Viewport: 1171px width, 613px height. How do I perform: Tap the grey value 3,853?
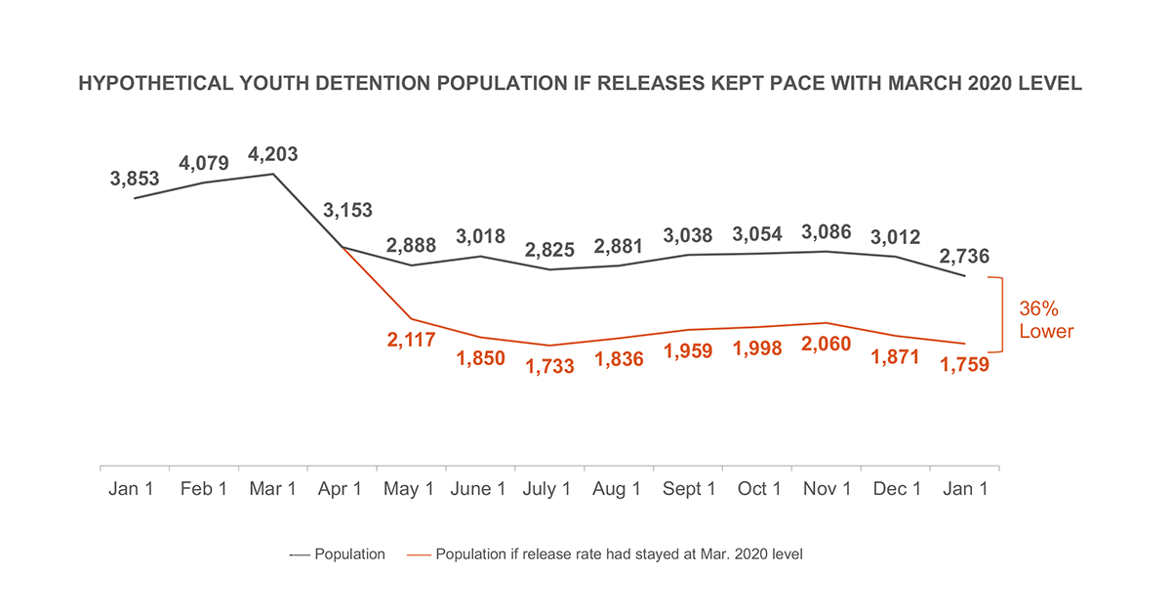coord(134,179)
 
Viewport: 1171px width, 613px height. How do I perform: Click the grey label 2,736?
coord(963,257)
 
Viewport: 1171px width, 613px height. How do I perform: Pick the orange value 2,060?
coord(825,344)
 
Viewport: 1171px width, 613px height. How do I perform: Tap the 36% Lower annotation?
coord(1045,319)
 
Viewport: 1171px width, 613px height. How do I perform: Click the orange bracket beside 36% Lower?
coord(1000,314)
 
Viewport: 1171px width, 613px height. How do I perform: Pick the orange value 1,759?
coord(963,366)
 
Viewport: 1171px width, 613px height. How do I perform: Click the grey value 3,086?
coord(825,232)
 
